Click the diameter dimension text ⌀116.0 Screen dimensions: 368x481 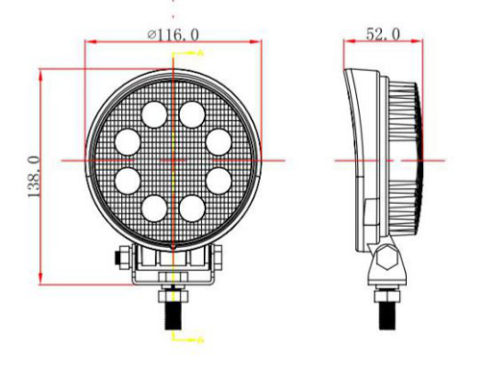pos(174,34)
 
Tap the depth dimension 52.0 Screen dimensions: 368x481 pos(383,34)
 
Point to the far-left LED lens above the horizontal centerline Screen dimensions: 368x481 pos(127,141)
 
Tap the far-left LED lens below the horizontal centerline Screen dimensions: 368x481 pos(127,179)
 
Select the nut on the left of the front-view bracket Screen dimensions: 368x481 pos(117,258)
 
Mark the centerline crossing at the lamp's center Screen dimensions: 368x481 pos(173,159)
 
